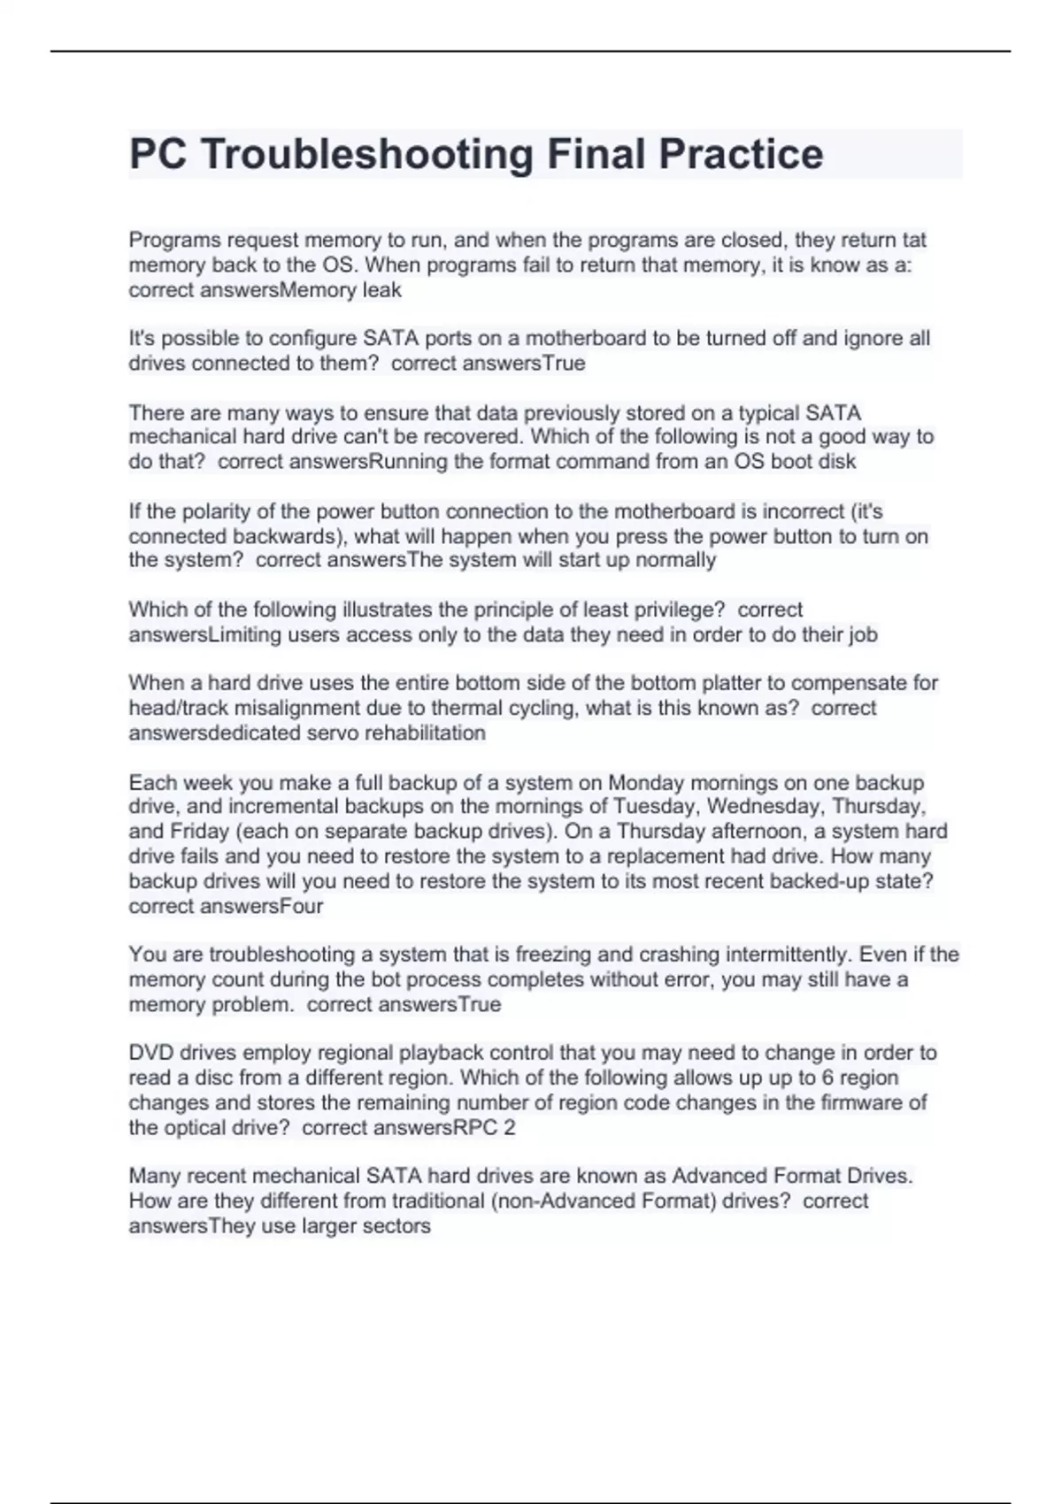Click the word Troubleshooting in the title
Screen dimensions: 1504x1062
pos(366,155)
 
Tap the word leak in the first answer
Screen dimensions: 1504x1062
pos(381,290)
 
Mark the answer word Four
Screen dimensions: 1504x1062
pos(301,906)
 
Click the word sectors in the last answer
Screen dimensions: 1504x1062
pos(396,1226)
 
